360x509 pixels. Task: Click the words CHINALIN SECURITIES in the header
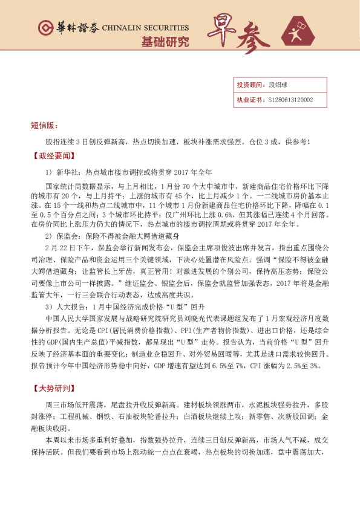pos(145,28)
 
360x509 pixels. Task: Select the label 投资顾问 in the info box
pos(249,85)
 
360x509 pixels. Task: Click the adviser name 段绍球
pos(278,85)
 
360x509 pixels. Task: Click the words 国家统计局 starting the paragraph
pos(62,187)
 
